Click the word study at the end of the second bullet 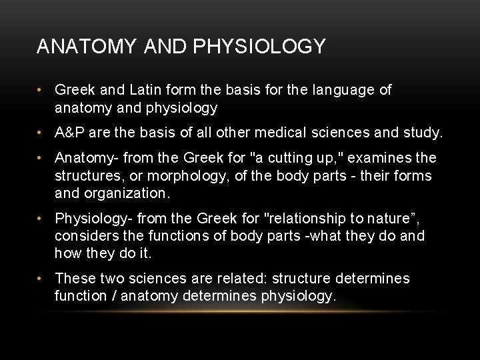pos(422,133)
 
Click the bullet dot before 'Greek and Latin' pos(41,90)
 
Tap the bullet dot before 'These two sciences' pos(41,279)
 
